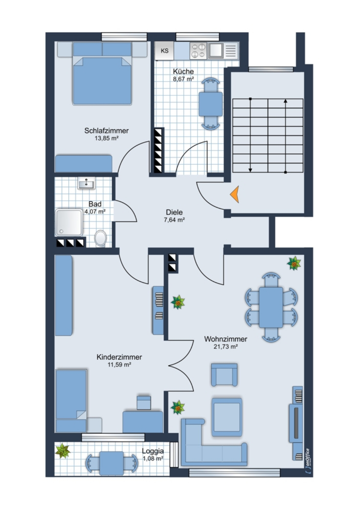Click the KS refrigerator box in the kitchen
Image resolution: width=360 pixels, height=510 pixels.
coord(164,51)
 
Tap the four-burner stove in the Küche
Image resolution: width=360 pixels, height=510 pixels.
coord(198,51)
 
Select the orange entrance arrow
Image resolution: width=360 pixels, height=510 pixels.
coord(235,194)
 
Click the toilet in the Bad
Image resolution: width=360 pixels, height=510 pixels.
coord(100,238)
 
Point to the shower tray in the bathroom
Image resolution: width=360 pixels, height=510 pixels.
coord(69,222)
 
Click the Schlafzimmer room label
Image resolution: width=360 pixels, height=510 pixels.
coord(107,131)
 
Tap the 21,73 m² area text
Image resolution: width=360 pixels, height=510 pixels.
coord(226,346)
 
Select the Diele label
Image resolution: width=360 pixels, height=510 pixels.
coord(174,212)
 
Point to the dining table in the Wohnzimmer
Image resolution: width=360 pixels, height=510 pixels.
coord(271,307)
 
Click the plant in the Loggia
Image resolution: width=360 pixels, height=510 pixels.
coord(63,451)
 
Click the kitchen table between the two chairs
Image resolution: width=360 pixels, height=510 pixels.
coord(211,104)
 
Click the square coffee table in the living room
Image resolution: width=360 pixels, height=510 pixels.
coord(227,417)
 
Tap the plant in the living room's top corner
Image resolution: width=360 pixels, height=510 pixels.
coord(294,263)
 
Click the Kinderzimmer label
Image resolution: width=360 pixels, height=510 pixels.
coord(119,357)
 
